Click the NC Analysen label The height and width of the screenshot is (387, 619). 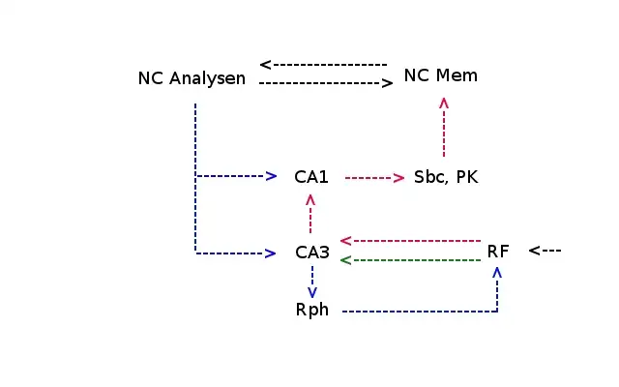coord(192,78)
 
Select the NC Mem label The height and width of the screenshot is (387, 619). coord(440,75)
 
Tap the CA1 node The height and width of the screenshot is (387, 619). coord(311,177)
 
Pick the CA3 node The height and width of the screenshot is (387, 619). coord(312,253)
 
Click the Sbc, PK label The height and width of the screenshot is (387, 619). coord(446,177)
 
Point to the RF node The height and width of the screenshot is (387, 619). coord(497,252)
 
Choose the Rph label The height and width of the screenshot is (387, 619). coord(312,311)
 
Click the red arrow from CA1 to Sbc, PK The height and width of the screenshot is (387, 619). coord(374,177)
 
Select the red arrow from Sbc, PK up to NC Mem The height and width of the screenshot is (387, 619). coord(444,126)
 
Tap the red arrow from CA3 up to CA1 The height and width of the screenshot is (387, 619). coord(310,214)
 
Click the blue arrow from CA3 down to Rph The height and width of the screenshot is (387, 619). coord(311,282)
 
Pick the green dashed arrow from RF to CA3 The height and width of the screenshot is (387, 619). coord(411,260)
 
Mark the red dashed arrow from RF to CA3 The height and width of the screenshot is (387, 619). coord(411,240)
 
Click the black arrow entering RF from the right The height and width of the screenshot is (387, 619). coord(545,251)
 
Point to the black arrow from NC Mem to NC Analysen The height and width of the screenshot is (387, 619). coord(324,65)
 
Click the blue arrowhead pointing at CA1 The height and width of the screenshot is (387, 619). coord(272,176)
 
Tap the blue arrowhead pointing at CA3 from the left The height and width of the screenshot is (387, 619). coord(272,253)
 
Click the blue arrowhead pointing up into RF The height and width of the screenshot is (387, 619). coord(497,274)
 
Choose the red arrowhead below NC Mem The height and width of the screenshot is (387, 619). coord(444,102)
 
